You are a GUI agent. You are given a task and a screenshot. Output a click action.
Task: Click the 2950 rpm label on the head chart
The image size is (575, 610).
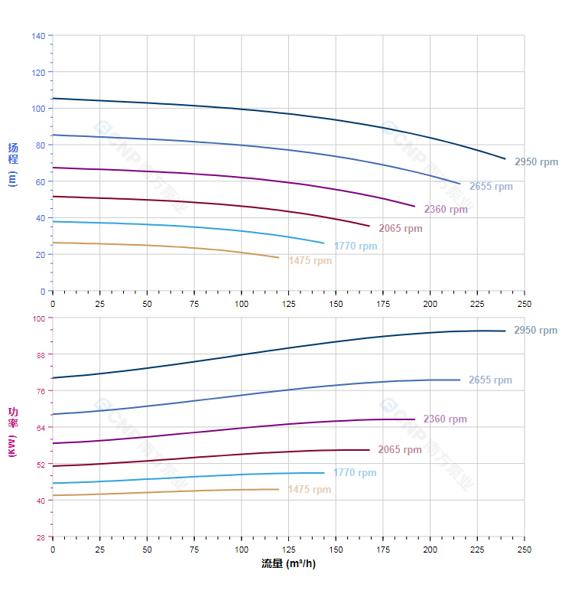(x=536, y=162)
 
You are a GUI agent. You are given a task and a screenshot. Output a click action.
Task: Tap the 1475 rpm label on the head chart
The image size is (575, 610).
(x=310, y=261)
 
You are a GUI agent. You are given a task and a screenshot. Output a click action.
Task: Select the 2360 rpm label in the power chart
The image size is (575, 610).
(x=444, y=419)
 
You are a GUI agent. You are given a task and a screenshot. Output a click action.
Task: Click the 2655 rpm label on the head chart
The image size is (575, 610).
(x=491, y=187)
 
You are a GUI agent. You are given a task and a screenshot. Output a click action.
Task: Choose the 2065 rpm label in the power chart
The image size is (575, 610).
(x=399, y=450)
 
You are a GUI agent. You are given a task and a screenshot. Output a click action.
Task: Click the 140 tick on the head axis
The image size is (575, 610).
(x=38, y=36)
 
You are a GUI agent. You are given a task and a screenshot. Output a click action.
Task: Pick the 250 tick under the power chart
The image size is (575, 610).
(x=525, y=550)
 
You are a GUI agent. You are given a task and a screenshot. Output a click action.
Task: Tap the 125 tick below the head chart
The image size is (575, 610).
(x=288, y=304)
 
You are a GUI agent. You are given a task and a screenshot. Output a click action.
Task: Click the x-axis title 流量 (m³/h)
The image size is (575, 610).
(x=288, y=565)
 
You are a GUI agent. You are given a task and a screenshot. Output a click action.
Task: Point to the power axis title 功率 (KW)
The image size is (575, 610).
(x=12, y=431)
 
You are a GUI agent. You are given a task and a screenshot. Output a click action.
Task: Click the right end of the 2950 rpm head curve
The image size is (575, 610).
(x=505, y=159)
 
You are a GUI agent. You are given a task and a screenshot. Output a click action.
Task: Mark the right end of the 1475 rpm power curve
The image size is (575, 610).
(x=278, y=489)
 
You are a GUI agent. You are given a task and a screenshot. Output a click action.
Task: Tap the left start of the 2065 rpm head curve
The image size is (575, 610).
(x=53, y=197)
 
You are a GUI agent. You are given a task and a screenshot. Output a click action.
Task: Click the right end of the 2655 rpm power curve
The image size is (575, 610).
(x=460, y=380)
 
